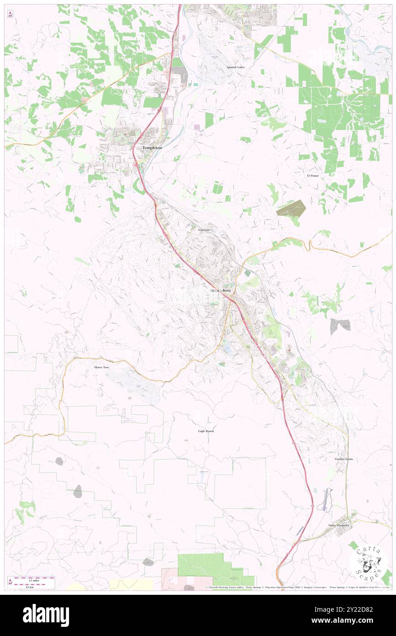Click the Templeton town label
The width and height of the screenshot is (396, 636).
(152, 148)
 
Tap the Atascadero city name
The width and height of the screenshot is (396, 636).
(220, 291)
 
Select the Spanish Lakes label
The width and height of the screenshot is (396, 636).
(235, 67)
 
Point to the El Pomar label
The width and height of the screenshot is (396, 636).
(313, 176)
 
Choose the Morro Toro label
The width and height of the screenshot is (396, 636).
(102, 367)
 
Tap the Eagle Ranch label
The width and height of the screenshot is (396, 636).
(206, 431)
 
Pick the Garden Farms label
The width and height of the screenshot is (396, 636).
(343, 458)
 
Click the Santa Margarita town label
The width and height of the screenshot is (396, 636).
(338, 525)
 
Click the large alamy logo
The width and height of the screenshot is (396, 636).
(46, 615)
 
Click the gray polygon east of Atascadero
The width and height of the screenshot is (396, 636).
(340, 325)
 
